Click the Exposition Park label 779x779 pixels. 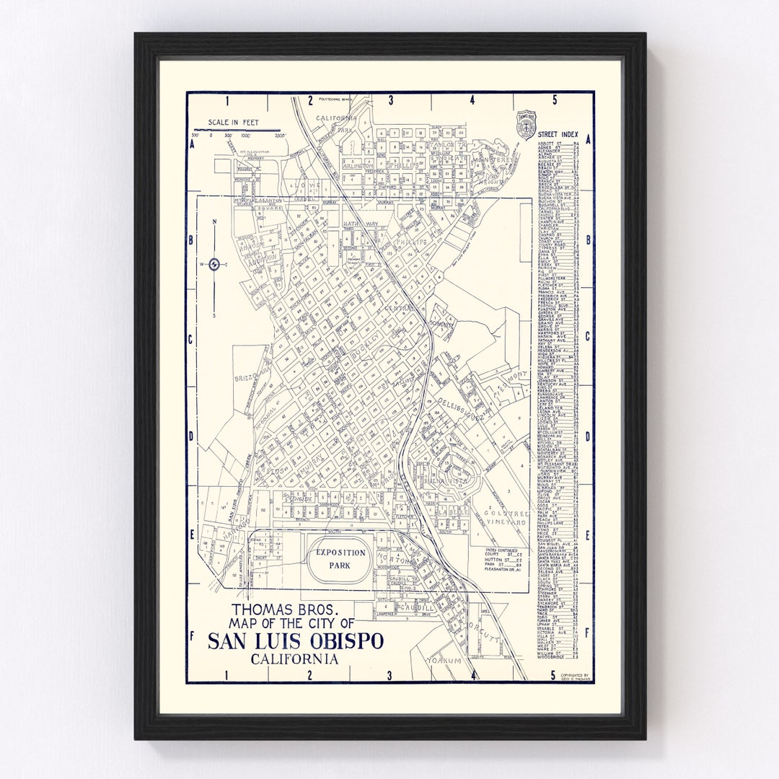340,559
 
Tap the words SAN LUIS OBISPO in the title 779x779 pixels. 296,641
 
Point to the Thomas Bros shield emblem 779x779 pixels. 526,124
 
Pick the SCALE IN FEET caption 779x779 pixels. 232,123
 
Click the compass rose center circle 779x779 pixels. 214,265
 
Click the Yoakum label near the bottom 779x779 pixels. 444,659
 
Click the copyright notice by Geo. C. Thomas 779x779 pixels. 575,677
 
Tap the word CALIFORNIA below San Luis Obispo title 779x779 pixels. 295,658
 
